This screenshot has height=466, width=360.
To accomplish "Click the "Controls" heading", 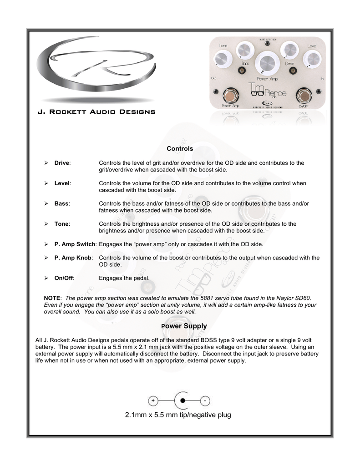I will coord(180,149).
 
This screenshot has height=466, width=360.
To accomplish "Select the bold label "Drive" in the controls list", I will coord(62,163).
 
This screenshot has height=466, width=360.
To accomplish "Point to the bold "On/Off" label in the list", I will coord(64,278).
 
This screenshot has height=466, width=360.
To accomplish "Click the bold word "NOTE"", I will coord(52,298).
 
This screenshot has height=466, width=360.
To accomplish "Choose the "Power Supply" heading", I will coord(180,326).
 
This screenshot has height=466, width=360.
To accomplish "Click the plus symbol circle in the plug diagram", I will coord(153,401).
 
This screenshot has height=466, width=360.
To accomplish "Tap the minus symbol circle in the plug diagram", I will coord(205,401).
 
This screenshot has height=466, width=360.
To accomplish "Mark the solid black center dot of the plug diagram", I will coord(183,401).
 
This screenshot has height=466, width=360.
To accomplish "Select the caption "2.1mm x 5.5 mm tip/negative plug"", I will coord(178,415).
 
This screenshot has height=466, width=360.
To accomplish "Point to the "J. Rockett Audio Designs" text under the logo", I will coord(96,112).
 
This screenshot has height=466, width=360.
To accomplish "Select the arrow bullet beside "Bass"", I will coord(46,203).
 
